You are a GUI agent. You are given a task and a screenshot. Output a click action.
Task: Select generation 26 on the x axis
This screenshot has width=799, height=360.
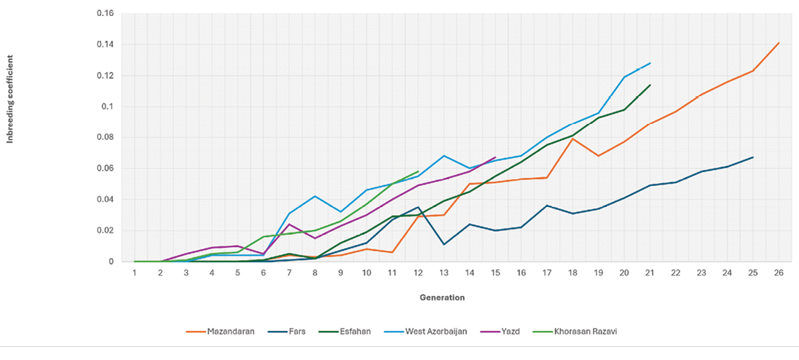point(779,272)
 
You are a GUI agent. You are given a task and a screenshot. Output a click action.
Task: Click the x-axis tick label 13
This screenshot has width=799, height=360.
point(444,272)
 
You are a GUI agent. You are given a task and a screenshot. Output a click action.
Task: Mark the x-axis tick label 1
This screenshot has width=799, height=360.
point(135,272)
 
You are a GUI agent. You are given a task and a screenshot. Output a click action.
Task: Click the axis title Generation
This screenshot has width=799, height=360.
point(442,297)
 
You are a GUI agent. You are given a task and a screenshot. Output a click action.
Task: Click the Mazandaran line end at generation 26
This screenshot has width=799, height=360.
point(779,43)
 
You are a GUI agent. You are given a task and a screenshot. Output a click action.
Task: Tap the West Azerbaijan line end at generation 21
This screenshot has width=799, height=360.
point(650,63)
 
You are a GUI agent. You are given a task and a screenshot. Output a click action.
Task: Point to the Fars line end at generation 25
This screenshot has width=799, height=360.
point(753,157)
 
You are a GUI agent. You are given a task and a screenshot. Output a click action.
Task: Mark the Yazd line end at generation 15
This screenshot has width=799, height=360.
point(495,157)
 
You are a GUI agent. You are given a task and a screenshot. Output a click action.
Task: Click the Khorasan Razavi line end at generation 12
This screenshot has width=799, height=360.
point(418,171)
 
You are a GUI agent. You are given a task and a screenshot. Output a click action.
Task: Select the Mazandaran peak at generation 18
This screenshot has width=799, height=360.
point(572,138)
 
